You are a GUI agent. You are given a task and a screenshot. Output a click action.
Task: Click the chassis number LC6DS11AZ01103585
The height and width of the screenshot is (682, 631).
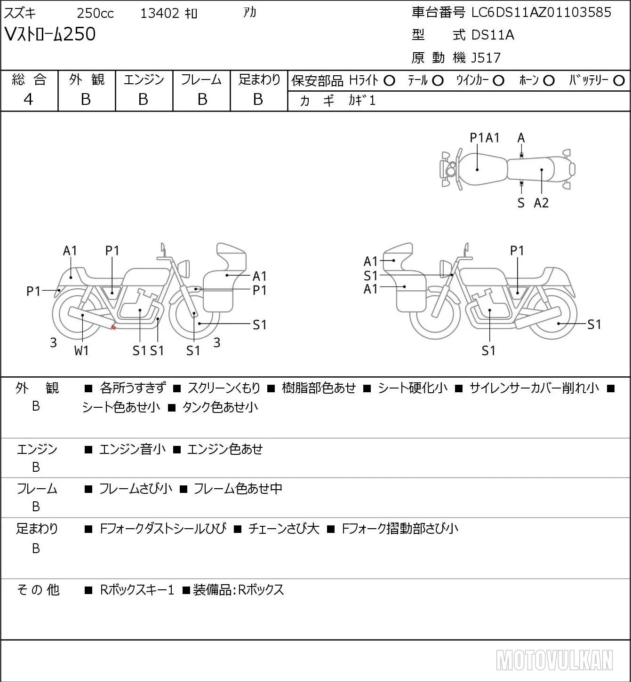tap(541, 13)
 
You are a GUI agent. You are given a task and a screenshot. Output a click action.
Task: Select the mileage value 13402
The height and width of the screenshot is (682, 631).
tap(160, 13)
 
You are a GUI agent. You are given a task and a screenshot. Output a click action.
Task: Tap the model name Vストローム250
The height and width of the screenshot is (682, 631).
tap(50, 34)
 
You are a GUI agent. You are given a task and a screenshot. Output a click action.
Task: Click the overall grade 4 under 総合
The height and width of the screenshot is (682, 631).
tap(28, 99)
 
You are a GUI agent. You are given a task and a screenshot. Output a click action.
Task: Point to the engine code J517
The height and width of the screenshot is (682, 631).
tap(486, 58)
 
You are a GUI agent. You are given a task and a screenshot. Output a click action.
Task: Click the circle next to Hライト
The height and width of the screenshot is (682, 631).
tap(389, 81)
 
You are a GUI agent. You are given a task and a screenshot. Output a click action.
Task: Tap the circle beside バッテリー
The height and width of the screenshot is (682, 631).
tap(619, 81)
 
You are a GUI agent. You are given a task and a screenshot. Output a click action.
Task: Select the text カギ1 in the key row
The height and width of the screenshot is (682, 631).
tap(362, 101)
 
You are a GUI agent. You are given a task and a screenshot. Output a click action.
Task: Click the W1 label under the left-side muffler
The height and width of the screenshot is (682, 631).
tap(81, 350)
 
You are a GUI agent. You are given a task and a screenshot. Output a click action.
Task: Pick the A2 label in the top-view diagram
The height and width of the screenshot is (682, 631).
tap(541, 203)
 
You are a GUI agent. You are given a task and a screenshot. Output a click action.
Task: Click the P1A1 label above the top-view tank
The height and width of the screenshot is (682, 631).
tap(484, 138)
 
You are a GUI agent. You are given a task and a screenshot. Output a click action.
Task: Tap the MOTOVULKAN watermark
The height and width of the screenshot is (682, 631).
tap(554, 660)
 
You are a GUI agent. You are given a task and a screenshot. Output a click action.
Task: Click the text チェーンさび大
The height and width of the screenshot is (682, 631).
tap(284, 529)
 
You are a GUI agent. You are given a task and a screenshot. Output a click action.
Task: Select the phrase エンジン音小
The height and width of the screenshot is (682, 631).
tap(133, 449)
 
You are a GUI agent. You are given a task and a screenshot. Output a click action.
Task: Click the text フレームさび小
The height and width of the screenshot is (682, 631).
tap(136, 488)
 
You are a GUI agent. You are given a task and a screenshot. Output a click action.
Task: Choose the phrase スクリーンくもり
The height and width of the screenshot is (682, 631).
tap(224, 388)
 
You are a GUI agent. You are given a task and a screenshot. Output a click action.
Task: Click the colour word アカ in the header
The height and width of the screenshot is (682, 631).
tap(249, 13)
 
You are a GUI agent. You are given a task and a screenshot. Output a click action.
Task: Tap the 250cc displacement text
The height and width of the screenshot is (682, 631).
tap(95, 13)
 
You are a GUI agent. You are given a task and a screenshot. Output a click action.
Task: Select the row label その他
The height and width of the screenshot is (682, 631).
tap(38, 590)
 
